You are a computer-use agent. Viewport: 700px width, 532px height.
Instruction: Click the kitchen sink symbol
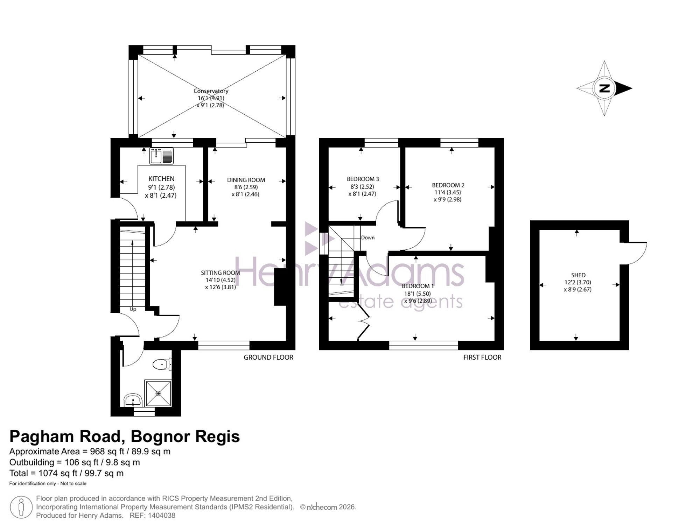pyautogui.click(x=162, y=156)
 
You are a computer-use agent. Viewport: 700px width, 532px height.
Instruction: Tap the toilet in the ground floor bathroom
pyautogui.click(x=162, y=364)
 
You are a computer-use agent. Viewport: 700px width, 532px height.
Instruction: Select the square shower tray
pyautogui.click(x=158, y=393)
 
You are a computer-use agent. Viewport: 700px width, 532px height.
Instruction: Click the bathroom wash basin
pyautogui.click(x=133, y=400)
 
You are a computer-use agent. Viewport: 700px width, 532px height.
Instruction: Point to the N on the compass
pyautogui.click(x=604, y=88)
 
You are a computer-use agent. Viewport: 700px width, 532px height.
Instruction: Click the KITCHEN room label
pyautogui.click(x=161, y=179)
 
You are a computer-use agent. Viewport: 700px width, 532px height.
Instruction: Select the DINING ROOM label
pyautogui.click(x=246, y=180)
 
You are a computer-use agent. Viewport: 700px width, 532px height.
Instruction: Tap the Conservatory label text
pyautogui.click(x=211, y=91)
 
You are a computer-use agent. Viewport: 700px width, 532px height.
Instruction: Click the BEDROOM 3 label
pyautogui.click(x=363, y=179)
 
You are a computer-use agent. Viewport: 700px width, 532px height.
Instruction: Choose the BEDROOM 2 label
pyautogui.click(x=448, y=185)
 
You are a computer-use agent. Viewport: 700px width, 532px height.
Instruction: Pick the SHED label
pyautogui.click(x=578, y=275)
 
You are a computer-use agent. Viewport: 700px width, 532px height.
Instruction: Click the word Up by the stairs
pyautogui.click(x=133, y=309)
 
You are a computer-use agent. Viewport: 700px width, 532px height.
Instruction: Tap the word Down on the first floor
pyautogui.click(x=368, y=237)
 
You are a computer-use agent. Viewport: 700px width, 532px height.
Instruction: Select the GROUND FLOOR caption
pyautogui.click(x=268, y=357)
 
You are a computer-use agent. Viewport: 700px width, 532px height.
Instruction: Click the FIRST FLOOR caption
pyautogui.click(x=482, y=357)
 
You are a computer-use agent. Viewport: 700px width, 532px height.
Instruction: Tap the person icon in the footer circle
pyautogui.click(x=21, y=507)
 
